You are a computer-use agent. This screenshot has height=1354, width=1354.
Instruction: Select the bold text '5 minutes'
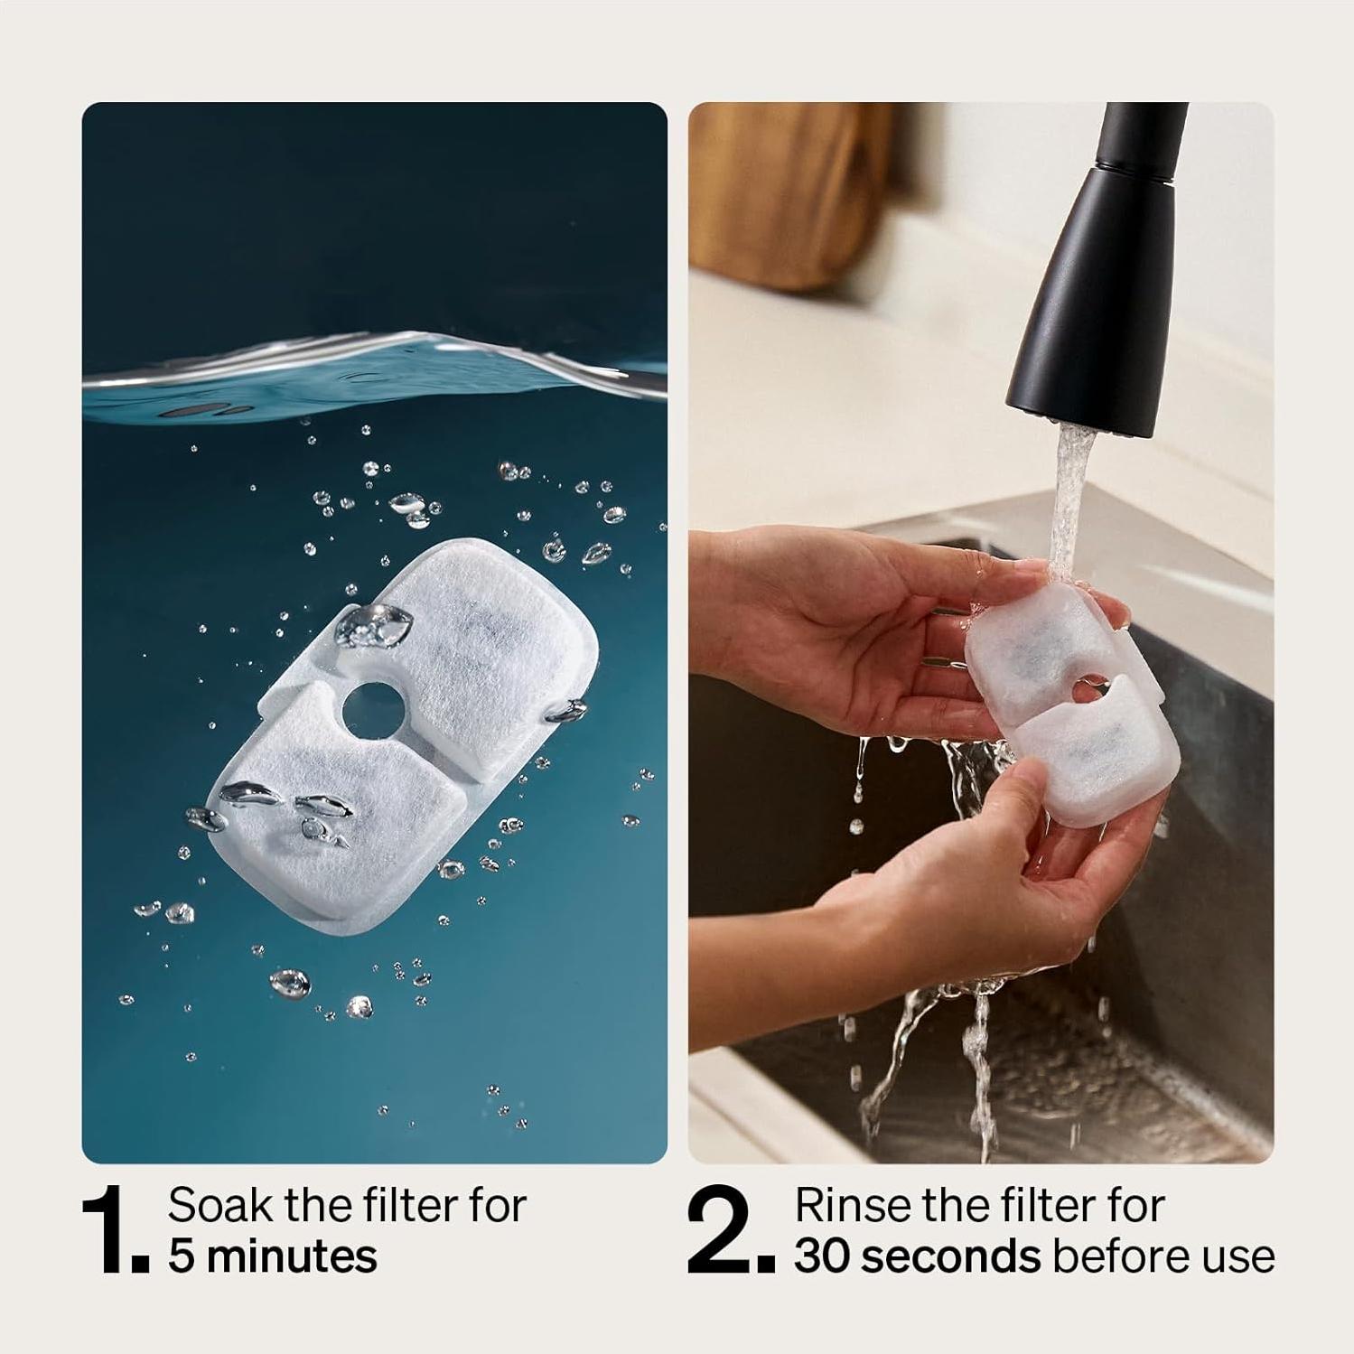[x=273, y=1256]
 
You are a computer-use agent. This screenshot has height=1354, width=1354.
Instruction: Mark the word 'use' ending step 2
[x=1239, y=1256]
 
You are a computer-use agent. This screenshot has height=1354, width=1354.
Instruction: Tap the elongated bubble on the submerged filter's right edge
[x=566, y=712]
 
